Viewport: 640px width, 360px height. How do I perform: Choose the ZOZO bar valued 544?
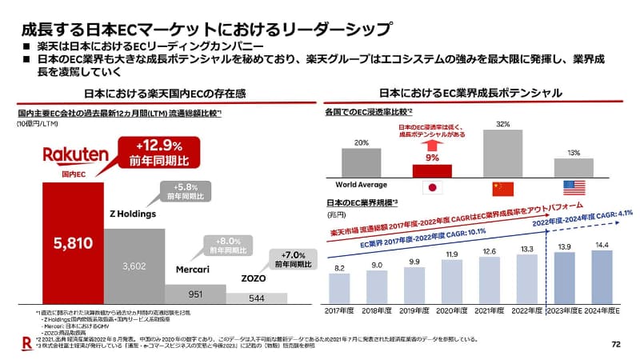pos(256,298)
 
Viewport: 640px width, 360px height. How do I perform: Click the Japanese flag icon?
pos(432,188)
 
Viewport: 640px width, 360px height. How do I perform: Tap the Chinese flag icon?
pos(503,188)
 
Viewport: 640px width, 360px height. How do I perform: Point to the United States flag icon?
pos(574,188)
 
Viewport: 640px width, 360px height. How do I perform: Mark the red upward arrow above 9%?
pos(432,146)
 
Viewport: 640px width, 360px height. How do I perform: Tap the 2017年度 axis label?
pos(339,308)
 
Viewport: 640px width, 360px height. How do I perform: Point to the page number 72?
pos(615,345)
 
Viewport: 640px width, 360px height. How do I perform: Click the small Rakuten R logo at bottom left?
pos(26,343)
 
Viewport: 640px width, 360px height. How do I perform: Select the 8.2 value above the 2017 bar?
pos(339,268)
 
